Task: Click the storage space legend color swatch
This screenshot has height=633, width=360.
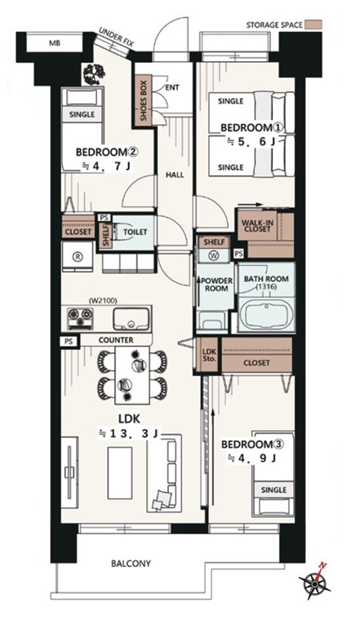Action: tap(313, 24)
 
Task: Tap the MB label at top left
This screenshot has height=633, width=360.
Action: tap(55, 42)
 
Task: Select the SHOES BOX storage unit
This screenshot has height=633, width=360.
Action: tap(143, 100)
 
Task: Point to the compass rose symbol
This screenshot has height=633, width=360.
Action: tap(315, 580)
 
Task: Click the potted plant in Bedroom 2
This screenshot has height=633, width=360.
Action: tap(93, 74)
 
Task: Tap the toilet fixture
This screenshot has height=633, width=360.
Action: tap(123, 232)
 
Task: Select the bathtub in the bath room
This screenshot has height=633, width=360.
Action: tap(266, 316)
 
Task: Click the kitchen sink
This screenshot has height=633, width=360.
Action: tap(131, 318)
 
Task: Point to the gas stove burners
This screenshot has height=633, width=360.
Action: tap(80, 317)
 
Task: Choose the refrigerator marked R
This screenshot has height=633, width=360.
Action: tap(78, 257)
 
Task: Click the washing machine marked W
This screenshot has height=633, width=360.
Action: tap(214, 255)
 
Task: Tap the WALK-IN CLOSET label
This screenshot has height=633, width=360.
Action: tap(256, 226)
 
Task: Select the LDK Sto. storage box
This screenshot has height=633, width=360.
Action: tap(208, 354)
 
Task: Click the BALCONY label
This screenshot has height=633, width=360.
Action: tap(131, 563)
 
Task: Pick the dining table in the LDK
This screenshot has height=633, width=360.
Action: tap(132, 374)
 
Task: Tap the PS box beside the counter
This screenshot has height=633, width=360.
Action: tap(69, 341)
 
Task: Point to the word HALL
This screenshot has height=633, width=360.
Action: tap(175, 175)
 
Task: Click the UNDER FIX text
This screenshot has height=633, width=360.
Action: tap(116, 38)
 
